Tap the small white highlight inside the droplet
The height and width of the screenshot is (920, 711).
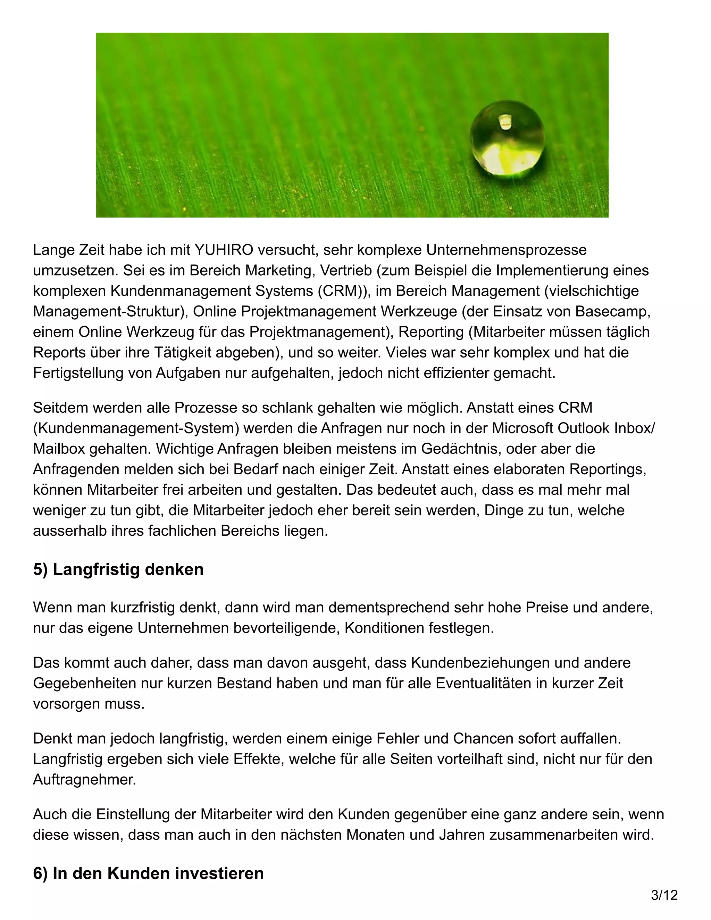pyautogui.click(x=504, y=122)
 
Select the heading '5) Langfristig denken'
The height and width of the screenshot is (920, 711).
pyautogui.click(x=118, y=569)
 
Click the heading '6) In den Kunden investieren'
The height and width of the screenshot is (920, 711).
pyautogui.click(x=148, y=873)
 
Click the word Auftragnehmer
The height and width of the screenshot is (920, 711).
pyautogui.click(x=85, y=779)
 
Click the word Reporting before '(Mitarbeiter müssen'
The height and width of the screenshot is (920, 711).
pyautogui.click(x=431, y=332)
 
